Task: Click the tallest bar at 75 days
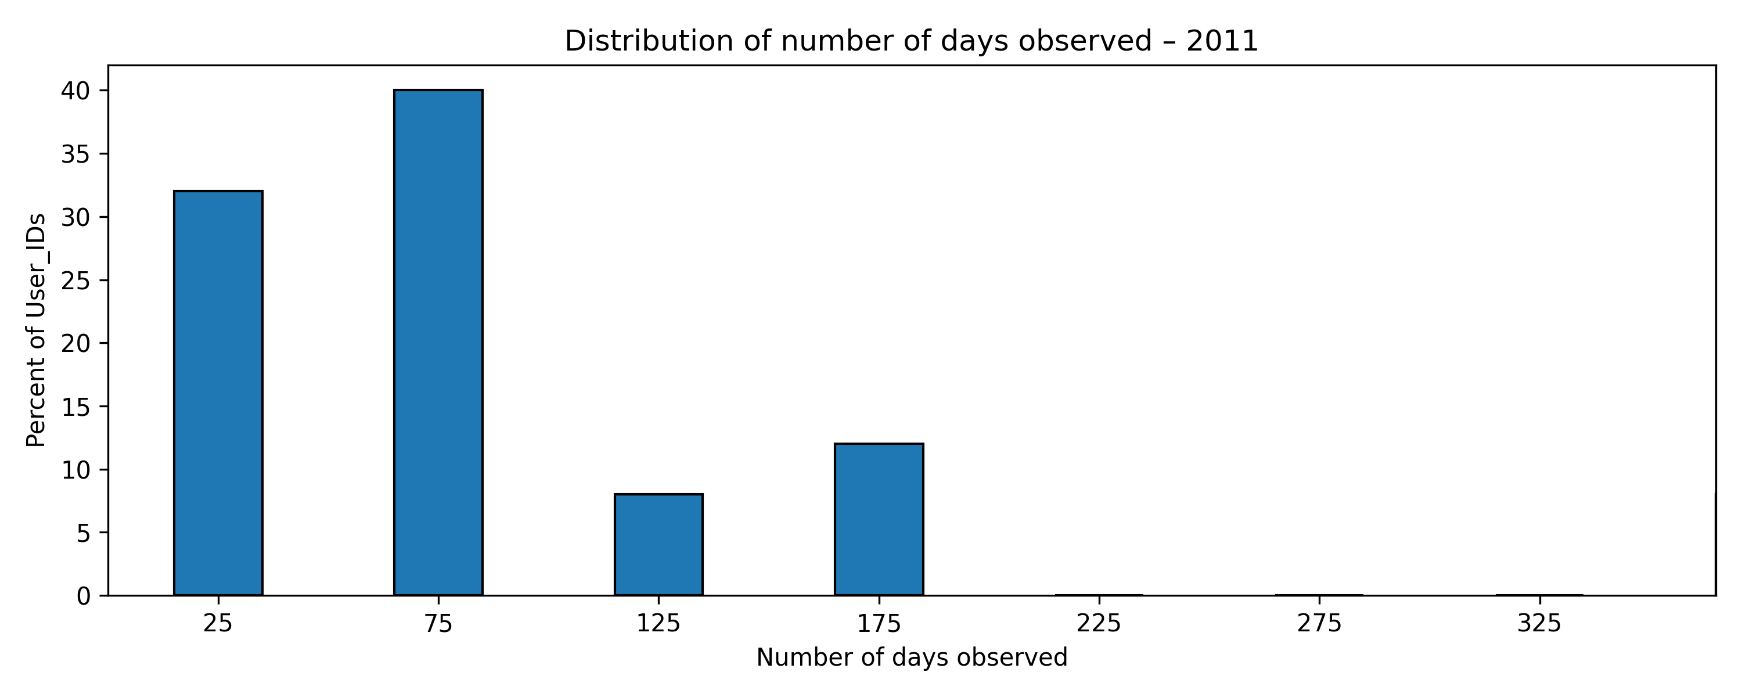[x=438, y=343]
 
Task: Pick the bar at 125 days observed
[x=658, y=545]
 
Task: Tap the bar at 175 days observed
[x=879, y=519]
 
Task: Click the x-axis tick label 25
[x=218, y=623]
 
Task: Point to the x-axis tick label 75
[x=438, y=623]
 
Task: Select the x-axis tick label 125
[x=658, y=623]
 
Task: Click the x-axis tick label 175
[x=879, y=623]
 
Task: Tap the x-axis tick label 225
[x=1099, y=623]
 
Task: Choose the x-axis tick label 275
[x=1319, y=623]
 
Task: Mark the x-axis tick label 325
[x=1539, y=623]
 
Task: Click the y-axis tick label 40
[x=75, y=91]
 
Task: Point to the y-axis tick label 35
[x=75, y=155]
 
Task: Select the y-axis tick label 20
[x=75, y=344]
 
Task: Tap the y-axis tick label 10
[x=75, y=470]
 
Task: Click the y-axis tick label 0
[x=83, y=596]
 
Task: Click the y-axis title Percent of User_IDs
[x=37, y=330]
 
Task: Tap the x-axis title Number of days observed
[x=912, y=658]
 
